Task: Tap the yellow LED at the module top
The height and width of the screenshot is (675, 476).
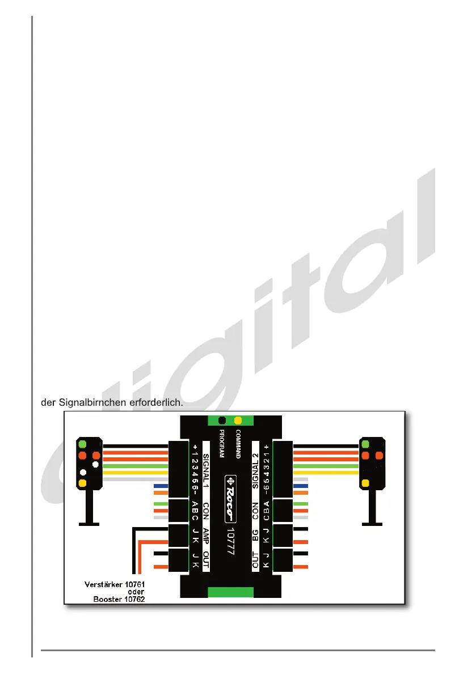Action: point(238,421)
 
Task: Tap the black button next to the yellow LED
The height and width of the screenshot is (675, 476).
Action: point(222,421)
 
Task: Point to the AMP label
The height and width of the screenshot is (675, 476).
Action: point(207,536)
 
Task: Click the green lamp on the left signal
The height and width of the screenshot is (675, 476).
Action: point(83,444)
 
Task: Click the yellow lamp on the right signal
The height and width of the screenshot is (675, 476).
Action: point(365,483)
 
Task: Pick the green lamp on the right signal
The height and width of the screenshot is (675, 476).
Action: point(365,444)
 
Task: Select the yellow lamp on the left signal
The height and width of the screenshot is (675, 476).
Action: point(83,483)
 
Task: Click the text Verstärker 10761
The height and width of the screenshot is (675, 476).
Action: point(112,583)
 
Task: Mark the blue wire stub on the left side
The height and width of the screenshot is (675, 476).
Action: point(161,486)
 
